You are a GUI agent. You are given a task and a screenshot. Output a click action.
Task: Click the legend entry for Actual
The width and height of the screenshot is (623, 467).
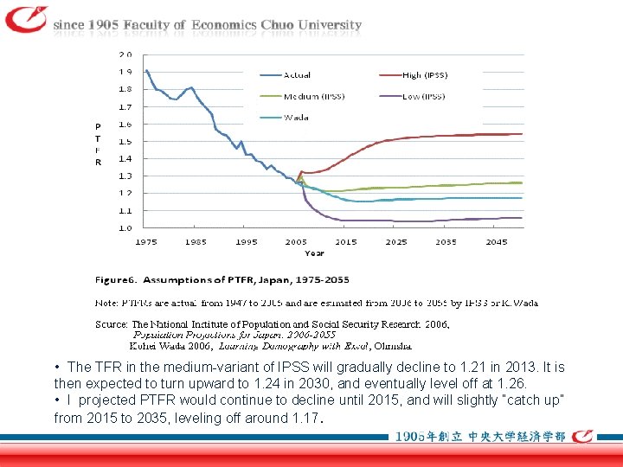[297, 75]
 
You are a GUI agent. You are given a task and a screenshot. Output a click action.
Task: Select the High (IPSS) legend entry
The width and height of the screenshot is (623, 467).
[424, 75]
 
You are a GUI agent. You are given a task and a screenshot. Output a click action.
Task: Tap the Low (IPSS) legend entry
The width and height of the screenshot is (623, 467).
[423, 96]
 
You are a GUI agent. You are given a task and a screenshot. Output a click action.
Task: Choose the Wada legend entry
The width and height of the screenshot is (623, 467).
[296, 117]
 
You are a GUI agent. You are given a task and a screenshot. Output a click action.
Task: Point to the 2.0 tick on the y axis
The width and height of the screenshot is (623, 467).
[125, 54]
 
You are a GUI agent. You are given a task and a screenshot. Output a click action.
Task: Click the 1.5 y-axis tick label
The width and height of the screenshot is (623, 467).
[125, 141]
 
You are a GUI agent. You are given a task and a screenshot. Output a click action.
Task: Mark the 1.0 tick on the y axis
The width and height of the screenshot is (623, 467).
[125, 228]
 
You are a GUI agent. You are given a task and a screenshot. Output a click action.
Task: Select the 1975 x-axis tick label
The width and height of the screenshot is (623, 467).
[146, 242]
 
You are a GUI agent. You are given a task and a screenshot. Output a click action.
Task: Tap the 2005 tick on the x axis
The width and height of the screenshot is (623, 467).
[296, 242]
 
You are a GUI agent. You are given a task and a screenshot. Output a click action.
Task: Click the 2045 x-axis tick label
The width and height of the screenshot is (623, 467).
[496, 242]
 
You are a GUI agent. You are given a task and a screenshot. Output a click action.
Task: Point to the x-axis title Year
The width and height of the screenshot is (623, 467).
[314, 253]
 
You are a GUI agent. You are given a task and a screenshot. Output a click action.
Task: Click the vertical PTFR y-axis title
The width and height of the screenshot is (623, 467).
[98, 144]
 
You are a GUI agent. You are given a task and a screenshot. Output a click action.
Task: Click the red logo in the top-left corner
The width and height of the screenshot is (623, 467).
[26, 19]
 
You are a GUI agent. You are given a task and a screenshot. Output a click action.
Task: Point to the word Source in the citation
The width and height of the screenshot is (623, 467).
[111, 324]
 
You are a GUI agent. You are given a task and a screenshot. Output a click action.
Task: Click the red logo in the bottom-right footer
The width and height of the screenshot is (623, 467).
[594, 437]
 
